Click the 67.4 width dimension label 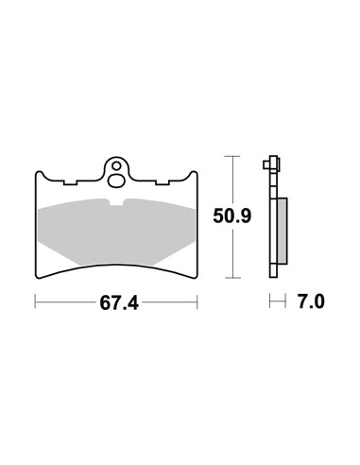[x=119, y=303]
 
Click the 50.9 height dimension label [x=232, y=216]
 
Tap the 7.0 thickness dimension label [x=311, y=301]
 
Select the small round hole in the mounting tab [x=117, y=165]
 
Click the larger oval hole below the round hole [x=115, y=181]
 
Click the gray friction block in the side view [x=282, y=231]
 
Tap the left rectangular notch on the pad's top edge [x=70, y=182]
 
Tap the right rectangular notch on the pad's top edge [x=163, y=182]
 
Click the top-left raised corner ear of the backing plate [x=39, y=174]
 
